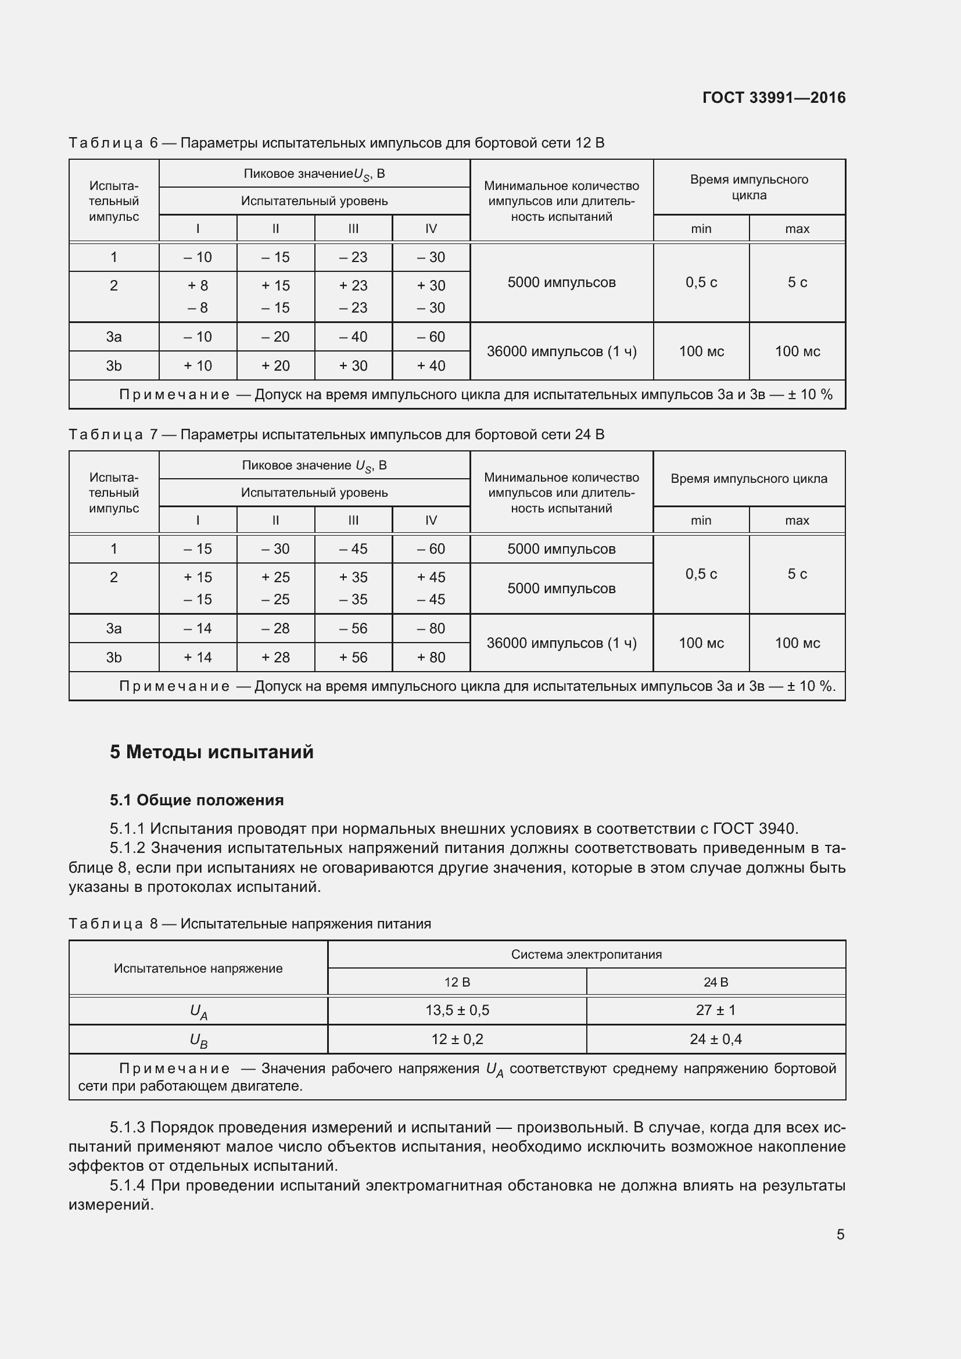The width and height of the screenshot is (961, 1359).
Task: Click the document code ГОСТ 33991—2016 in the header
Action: pos(773,98)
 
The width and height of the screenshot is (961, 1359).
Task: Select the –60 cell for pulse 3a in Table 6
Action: pos(431,337)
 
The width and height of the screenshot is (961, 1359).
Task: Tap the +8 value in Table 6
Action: pos(198,285)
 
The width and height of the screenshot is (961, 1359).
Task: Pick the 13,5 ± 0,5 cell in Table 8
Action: pos(457,1010)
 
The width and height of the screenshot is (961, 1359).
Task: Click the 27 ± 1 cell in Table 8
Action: pos(715,1010)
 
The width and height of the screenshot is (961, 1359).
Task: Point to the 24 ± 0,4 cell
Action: pos(715,1039)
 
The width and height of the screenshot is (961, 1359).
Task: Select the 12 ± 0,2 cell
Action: pos(457,1039)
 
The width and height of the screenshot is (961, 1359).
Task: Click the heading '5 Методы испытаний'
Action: pos(211,752)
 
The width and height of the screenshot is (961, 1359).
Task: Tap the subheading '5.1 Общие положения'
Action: pos(196,800)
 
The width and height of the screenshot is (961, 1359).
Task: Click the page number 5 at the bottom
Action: pos(840,1234)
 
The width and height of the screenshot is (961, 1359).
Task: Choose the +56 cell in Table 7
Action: pos(353,657)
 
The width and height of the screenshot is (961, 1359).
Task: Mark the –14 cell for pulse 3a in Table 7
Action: pos(198,628)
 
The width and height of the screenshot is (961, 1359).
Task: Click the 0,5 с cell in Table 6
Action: pos(701,282)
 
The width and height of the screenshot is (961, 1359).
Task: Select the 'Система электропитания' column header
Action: pos(586,954)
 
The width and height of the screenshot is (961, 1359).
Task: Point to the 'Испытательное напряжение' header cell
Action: pos(198,969)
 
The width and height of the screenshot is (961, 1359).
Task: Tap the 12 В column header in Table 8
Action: pos(457,982)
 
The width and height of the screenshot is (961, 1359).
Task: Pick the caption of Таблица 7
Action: pos(336,435)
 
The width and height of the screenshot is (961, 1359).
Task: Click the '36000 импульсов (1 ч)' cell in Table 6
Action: pos(562,352)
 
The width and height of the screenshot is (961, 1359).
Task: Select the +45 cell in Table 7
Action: pos(431,577)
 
